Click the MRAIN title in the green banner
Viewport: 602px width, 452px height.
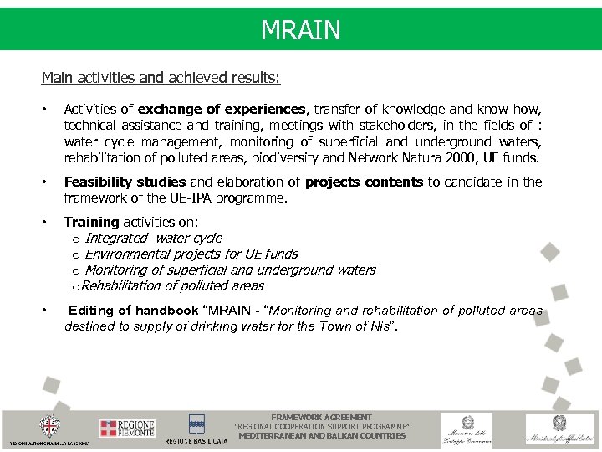click(300, 30)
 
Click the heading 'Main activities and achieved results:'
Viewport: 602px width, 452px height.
click(161, 78)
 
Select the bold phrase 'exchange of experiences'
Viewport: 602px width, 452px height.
click(223, 109)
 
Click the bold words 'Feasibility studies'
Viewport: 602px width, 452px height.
click(125, 182)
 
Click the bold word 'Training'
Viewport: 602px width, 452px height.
click(91, 222)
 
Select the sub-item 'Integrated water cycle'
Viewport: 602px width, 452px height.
click(154, 238)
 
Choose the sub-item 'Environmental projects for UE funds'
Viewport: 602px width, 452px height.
click(191, 254)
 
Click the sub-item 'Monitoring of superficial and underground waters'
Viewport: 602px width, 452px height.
click(230, 270)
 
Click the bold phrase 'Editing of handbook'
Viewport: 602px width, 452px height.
click(133, 310)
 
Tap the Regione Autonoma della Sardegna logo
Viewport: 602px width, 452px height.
click(50, 429)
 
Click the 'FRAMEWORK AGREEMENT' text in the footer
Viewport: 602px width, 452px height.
click(322, 417)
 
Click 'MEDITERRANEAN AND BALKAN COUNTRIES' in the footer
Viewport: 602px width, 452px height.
click(322, 435)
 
